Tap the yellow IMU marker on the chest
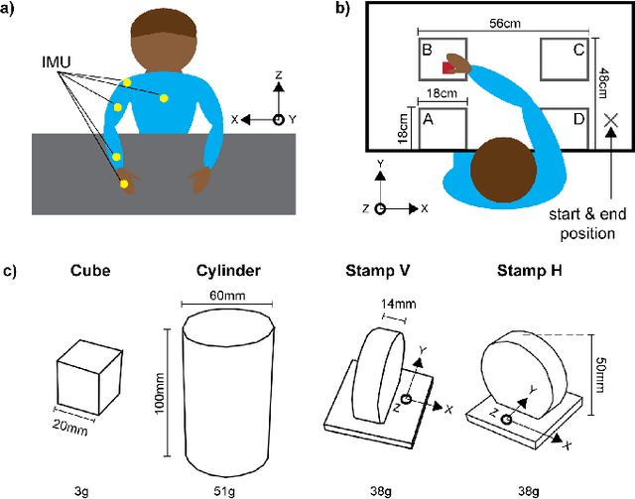tap(160, 95)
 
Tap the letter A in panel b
tap(428, 117)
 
